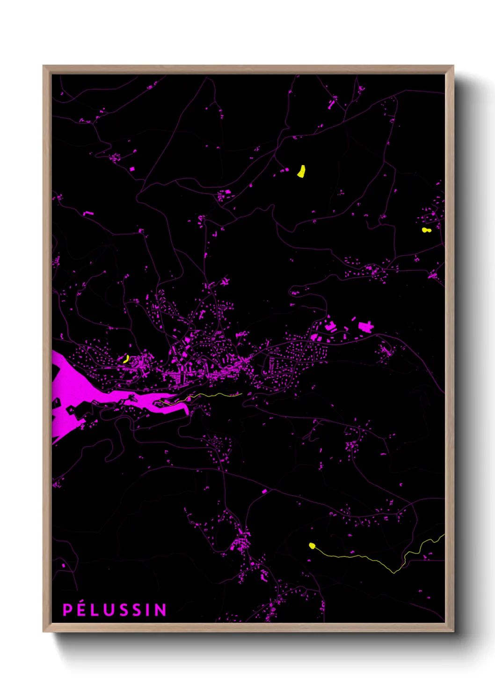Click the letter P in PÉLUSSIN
click(x=67, y=610)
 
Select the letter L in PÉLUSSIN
click(x=94, y=610)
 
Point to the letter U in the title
click(x=107, y=610)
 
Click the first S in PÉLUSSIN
click(x=121, y=610)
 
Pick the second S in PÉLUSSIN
click(x=135, y=610)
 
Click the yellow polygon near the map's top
click(x=301, y=171)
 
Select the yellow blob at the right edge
click(x=425, y=230)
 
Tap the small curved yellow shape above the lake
click(x=126, y=359)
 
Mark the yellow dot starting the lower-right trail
click(x=312, y=546)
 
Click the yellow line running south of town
click(x=206, y=396)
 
